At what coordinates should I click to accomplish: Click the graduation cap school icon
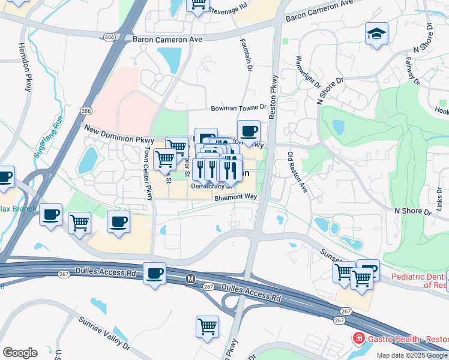376,33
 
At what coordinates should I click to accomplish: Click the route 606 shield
109,37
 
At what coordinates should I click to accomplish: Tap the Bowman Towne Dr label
238,108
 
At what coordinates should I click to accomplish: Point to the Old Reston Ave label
297,172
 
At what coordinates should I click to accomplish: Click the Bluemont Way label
235,197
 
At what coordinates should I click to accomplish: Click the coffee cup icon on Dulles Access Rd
155,273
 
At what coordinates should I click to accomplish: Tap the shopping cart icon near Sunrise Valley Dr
207,326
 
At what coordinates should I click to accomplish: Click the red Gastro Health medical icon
359,338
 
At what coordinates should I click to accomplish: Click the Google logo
20,353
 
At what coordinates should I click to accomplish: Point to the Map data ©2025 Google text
412,355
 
